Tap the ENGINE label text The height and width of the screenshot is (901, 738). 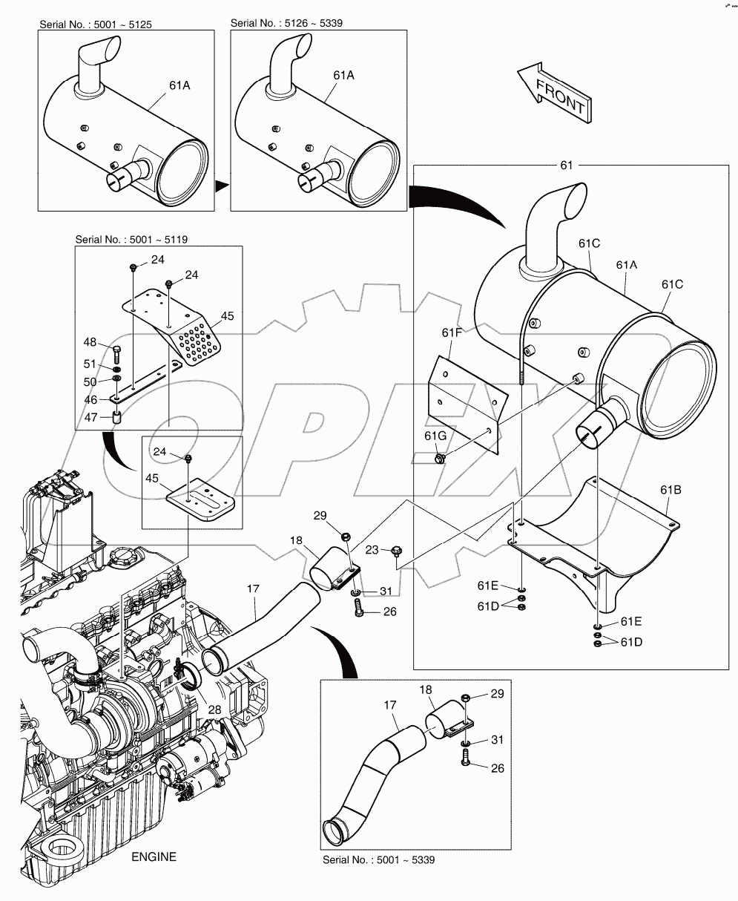[x=154, y=857]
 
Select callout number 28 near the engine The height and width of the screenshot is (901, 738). [x=215, y=710]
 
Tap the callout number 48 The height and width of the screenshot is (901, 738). [x=90, y=342]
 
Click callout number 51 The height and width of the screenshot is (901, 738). [x=90, y=364]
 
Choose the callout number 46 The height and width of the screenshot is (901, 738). [x=90, y=399]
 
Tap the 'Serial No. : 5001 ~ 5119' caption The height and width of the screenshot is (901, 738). [x=127, y=240]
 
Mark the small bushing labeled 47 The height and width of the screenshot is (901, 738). [x=116, y=419]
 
